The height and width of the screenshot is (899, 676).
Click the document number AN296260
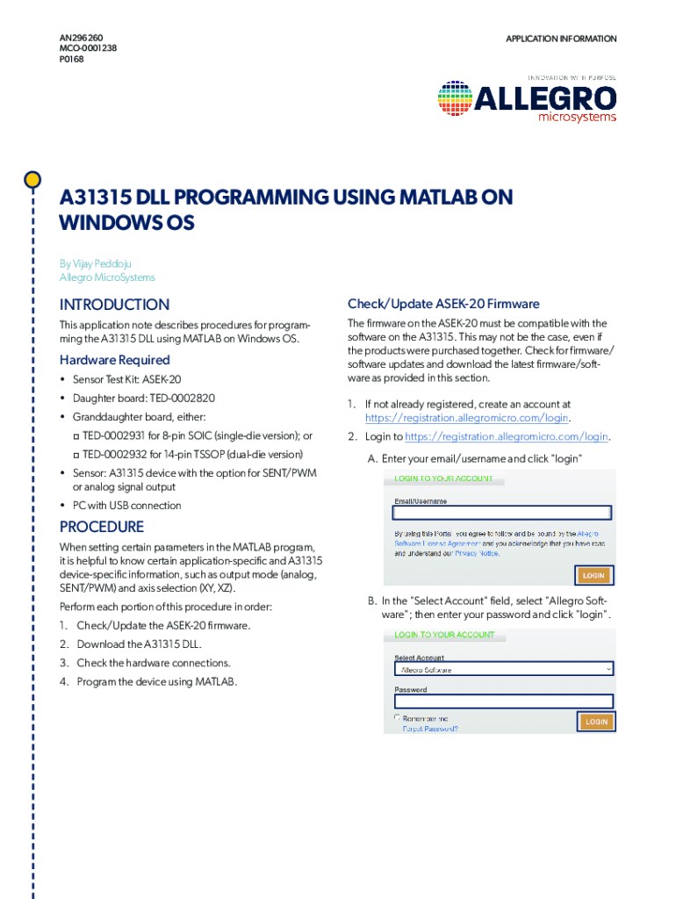(x=81, y=39)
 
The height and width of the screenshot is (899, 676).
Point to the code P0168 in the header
(x=72, y=60)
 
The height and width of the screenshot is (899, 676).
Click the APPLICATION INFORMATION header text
(x=561, y=39)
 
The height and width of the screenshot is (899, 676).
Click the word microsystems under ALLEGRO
(x=577, y=117)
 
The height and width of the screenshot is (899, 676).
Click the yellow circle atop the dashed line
(x=32, y=180)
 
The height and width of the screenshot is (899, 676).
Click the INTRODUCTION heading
(x=114, y=305)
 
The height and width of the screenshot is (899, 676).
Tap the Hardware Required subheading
(x=114, y=360)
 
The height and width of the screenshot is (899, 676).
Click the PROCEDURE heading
(x=101, y=527)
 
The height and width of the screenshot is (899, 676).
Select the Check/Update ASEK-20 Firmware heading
(x=443, y=304)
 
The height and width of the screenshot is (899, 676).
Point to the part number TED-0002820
(x=182, y=398)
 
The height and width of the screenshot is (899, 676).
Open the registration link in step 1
(x=467, y=418)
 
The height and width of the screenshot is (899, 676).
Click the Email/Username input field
(x=502, y=514)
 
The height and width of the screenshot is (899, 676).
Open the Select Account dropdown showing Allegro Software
(x=502, y=669)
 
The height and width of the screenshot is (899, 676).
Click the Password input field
(x=502, y=701)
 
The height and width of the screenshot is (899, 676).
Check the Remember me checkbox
(x=398, y=717)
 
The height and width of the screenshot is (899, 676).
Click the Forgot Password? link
(x=430, y=728)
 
